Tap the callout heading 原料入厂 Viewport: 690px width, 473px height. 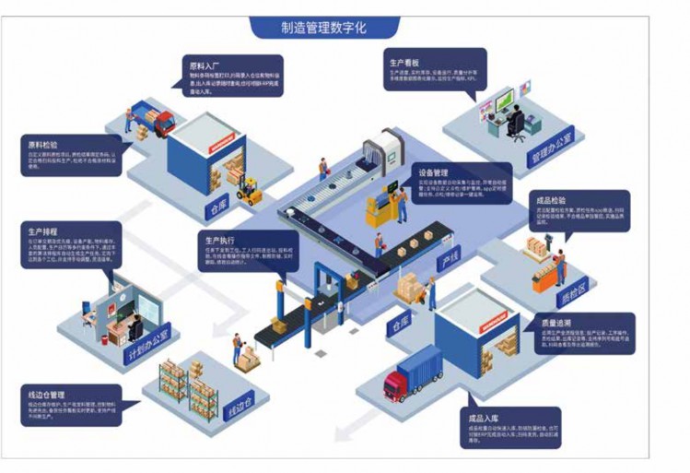coord(205,66)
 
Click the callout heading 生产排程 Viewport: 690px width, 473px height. coord(44,231)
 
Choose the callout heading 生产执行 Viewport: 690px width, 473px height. coord(225,239)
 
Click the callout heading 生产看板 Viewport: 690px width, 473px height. coord(404,62)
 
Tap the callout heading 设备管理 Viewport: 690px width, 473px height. coord(433,172)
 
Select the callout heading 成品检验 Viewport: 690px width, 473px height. coord(552,199)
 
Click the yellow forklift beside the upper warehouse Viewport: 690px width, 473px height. coord(249,191)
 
